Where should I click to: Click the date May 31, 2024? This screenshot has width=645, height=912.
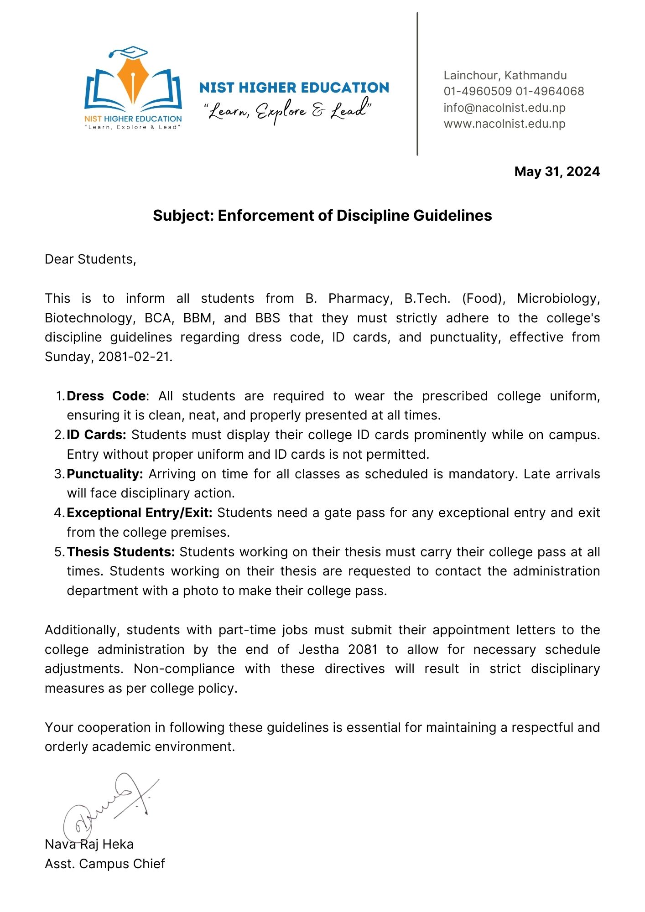coord(557,171)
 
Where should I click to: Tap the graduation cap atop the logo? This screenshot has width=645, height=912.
coord(130,52)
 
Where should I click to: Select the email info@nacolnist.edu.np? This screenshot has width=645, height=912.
coord(504,108)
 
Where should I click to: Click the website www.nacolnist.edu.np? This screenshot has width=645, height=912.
coord(504,124)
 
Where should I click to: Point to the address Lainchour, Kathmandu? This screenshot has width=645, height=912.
coord(505,75)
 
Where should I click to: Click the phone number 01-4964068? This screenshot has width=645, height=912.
coord(550,91)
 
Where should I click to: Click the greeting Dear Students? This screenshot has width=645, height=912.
coord(90,259)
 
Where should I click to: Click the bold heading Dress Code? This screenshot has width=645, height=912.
coord(106,396)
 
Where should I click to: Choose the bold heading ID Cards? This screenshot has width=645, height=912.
coord(96,435)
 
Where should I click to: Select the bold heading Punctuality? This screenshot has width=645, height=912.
coord(105,474)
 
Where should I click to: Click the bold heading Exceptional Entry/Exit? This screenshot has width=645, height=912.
coord(139,513)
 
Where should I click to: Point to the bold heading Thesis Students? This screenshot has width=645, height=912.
coord(121,552)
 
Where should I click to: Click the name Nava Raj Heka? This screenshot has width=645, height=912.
coord(89,844)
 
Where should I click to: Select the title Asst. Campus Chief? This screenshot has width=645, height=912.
coord(104,864)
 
